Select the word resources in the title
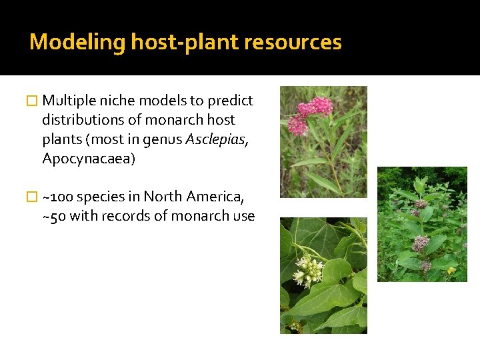[x=293, y=43]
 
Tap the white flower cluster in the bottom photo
[x=307, y=270]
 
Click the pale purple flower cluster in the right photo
[x=420, y=244]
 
